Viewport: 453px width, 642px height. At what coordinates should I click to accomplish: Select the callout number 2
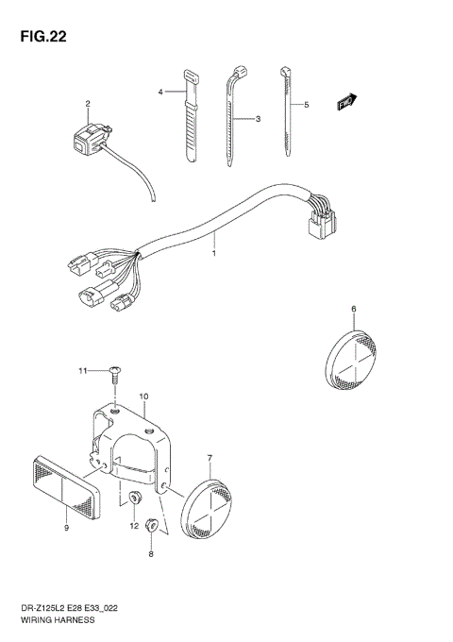point(88,104)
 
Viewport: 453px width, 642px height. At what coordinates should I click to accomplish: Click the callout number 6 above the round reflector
point(353,309)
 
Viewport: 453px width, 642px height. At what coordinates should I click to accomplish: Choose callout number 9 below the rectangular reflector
point(67,529)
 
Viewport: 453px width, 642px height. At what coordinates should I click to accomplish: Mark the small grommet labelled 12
point(133,499)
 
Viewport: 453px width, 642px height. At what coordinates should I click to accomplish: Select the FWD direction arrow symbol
point(347,100)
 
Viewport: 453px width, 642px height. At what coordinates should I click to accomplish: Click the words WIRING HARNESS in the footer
point(46,625)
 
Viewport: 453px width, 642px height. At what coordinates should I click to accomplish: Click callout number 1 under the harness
point(214,253)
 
